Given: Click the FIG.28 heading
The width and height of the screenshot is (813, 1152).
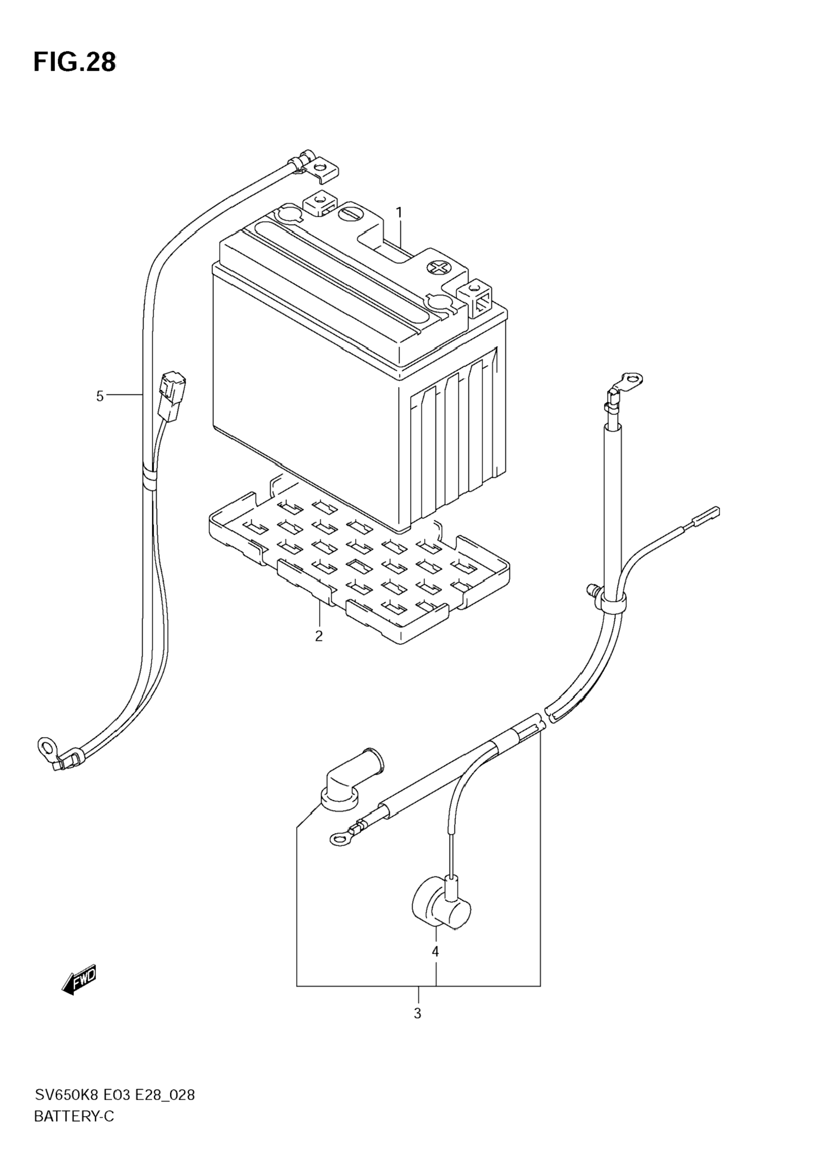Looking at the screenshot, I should point(74,62).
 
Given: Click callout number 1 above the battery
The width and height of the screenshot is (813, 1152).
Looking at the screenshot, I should point(399,213).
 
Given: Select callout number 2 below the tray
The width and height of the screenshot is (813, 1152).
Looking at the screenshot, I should point(319,636).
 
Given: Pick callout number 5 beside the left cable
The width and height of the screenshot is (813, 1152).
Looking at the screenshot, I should point(100,396).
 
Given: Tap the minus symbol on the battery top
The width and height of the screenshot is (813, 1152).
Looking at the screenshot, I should point(348,213).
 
